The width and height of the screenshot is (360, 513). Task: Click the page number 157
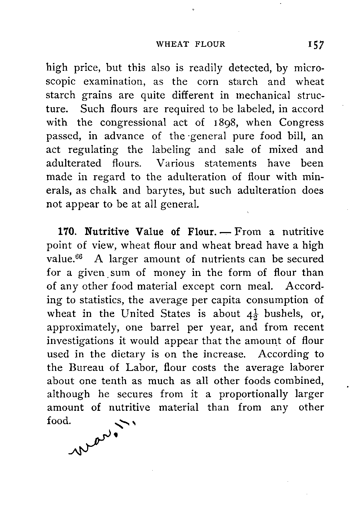click(314, 45)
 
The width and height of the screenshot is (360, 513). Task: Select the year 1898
click(221, 123)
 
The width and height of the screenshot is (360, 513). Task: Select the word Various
click(175, 164)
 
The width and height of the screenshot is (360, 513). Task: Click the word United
click(138, 314)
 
